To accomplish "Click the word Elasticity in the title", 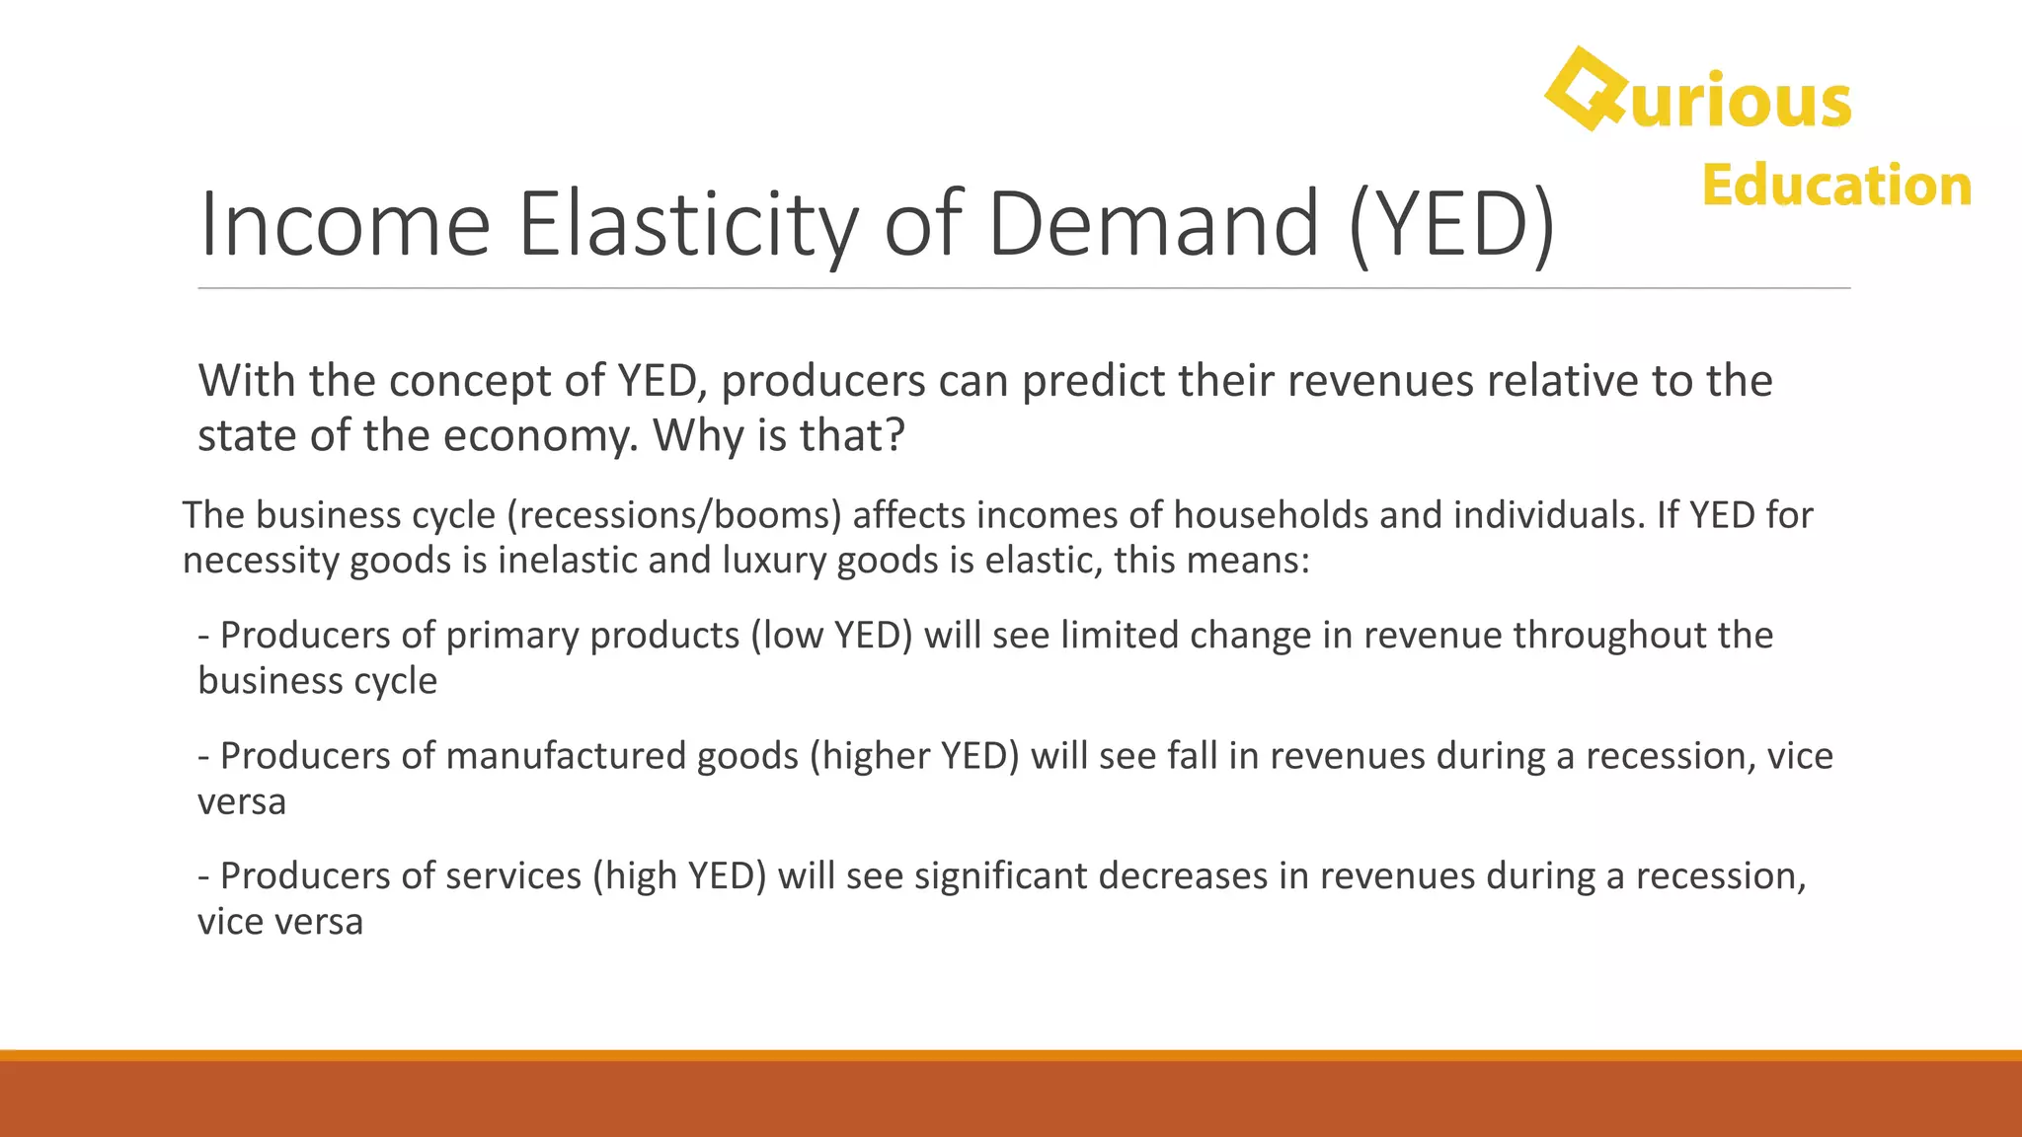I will [688, 225].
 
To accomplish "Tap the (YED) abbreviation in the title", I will [1451, 225].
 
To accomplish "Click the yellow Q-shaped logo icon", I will [1586, 89].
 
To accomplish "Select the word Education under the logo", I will [1835, 186].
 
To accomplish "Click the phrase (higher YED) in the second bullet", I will [914, 756].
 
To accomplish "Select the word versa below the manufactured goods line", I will [242, 801].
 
